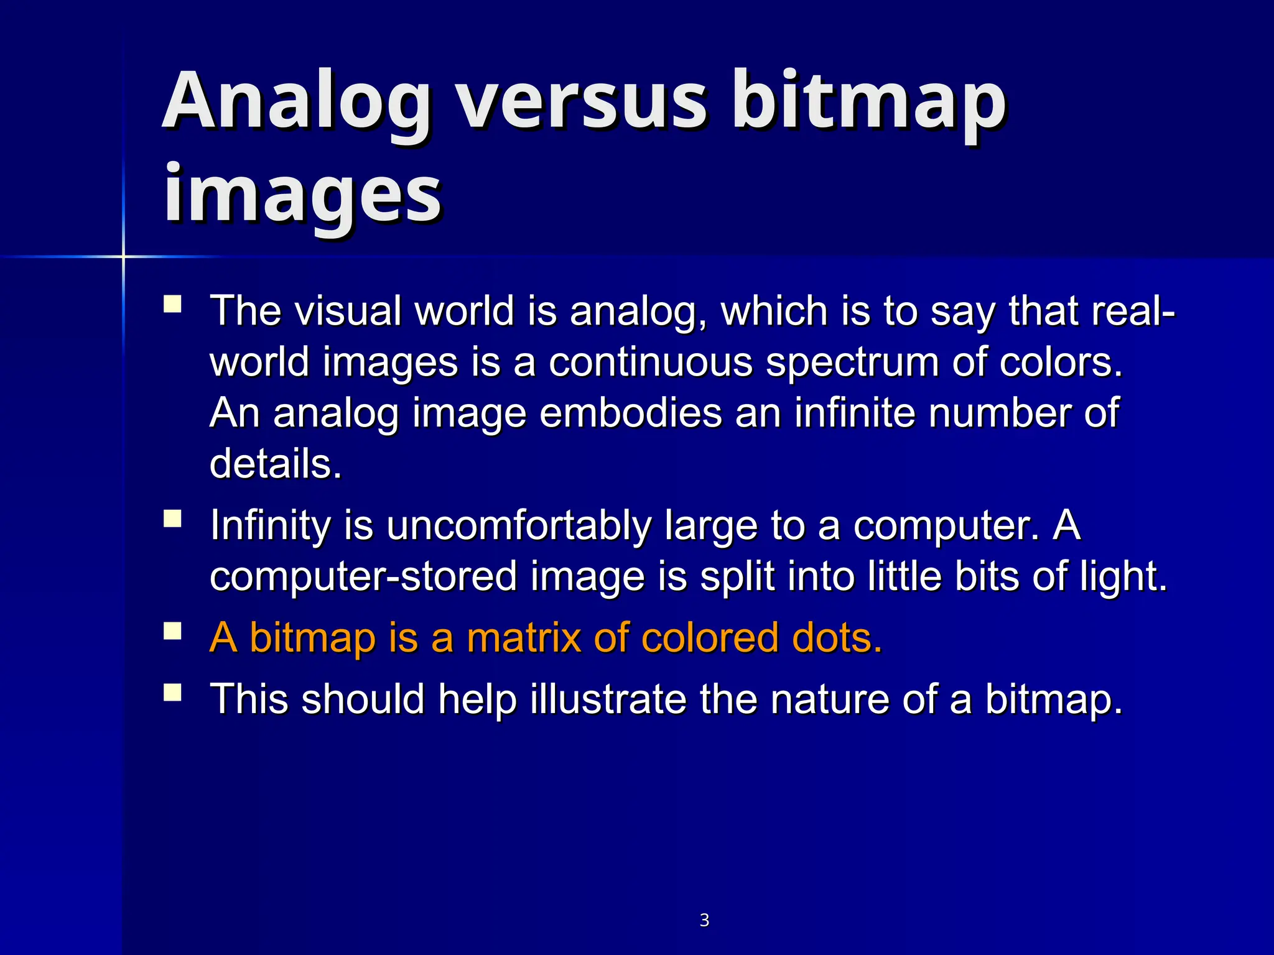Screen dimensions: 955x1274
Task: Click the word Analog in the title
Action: (297, 103)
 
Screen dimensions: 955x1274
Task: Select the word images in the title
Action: (302, 196)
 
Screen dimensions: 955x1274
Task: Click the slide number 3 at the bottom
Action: (704, 920)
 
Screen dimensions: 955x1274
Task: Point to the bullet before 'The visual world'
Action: (172, 305)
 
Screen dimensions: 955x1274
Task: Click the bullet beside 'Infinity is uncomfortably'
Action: (172, 519)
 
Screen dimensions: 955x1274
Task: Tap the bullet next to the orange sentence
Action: (172, 632)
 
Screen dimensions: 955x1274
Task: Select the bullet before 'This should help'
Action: (172, 693)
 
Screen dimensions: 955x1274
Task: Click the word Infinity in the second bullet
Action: (270, 525)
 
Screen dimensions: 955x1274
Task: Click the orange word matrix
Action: (523, 638)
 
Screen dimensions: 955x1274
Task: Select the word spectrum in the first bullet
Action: (852, 363)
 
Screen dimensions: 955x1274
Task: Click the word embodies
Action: (630, 413)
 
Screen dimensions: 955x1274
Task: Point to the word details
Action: (276, 464)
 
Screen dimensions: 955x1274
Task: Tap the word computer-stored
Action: (363, 577)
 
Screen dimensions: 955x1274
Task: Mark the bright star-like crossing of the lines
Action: (123, 256)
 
